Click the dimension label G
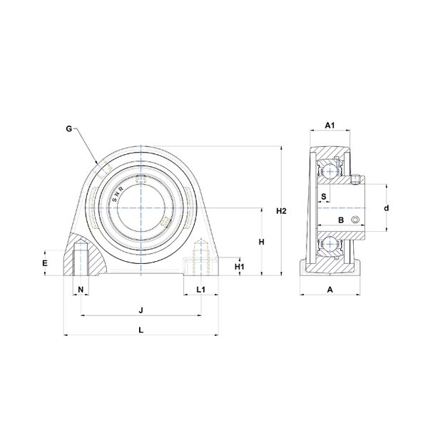pos(69,128)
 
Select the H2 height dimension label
pos(282,210)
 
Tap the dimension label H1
pos(240,266)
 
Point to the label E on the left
pos(45,263)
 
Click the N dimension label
pos(81,290)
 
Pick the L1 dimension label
pos(201,290)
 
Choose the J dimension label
pos(141,310)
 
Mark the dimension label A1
pos(330,126)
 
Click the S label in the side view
pos(324,196)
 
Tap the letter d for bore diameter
pos(387,208)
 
